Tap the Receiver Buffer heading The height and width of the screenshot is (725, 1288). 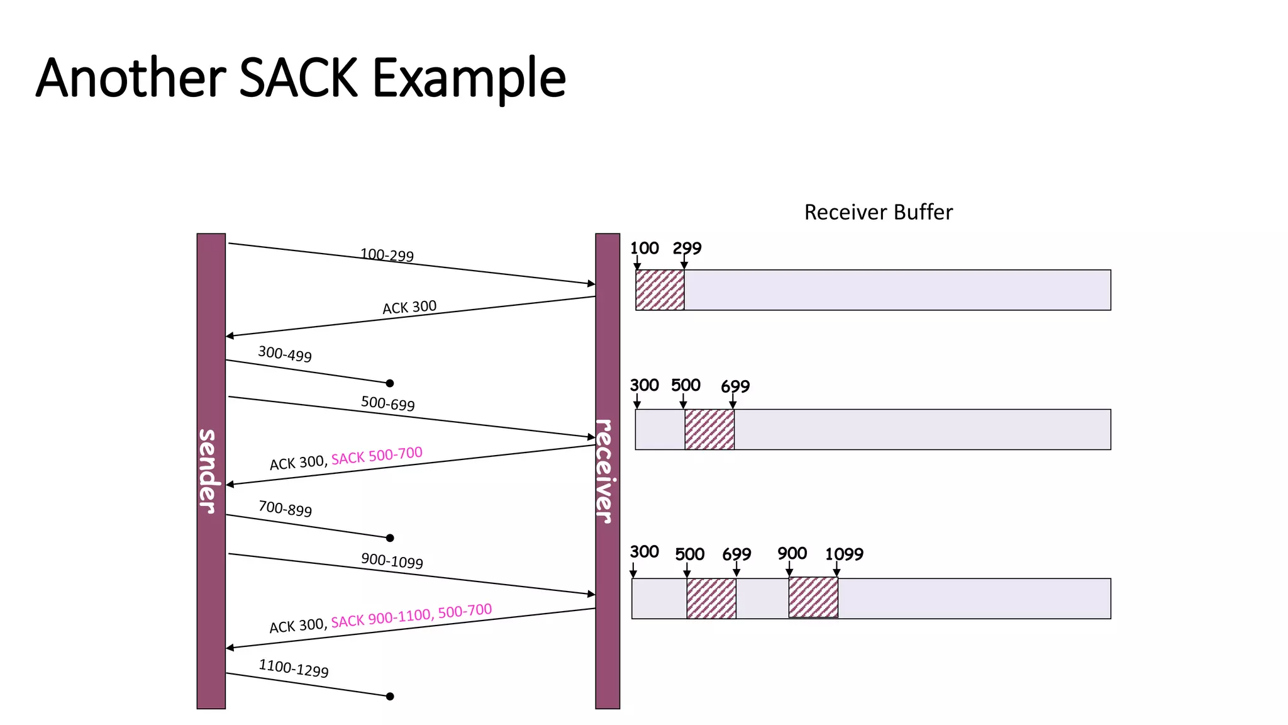click(878, 212)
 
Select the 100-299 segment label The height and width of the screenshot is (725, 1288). click(387, 255)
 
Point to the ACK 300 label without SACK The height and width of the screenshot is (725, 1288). click(409, 307)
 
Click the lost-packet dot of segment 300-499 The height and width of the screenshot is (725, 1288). click(390, 383)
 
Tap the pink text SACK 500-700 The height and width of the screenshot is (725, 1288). click(377, 456)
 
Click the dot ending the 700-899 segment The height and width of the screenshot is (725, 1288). click(390, 538)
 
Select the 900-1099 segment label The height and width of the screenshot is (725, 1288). click(392, 561)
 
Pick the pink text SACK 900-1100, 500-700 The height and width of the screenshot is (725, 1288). click(411, 615)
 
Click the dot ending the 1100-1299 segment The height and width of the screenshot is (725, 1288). click(390, 696)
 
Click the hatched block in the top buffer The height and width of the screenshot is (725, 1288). click(660, 290)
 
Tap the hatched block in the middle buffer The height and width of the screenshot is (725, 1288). click(709, 429)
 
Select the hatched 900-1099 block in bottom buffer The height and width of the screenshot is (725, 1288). click(813, 598)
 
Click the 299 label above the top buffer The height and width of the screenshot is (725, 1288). click(687, 249)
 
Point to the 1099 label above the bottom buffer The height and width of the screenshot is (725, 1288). click(844, 554)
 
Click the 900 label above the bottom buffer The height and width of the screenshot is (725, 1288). click(792, 554)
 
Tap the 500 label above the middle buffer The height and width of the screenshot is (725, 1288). click(686, 385)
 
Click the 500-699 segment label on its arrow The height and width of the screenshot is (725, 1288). click(388, 403)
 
